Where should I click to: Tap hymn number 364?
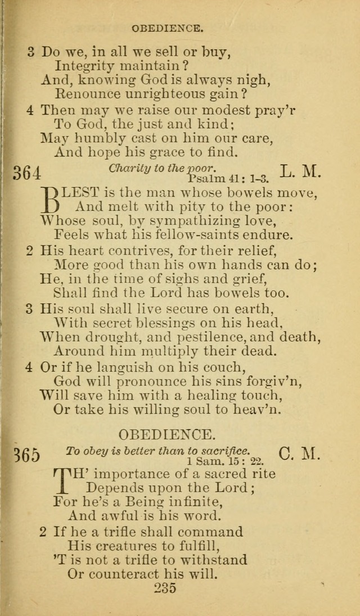pos(27,173)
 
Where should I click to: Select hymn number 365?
pos(27,454)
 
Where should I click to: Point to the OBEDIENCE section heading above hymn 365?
pos(166,434)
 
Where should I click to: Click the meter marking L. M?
pos(299,171)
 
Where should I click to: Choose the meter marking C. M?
pos(299,453)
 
